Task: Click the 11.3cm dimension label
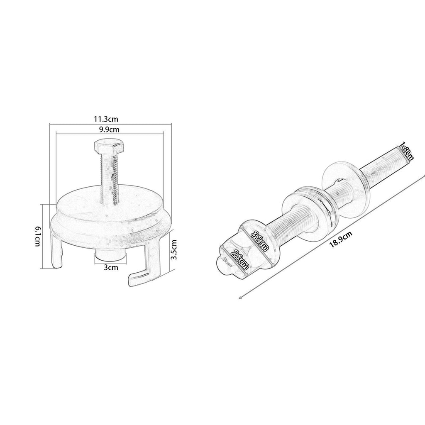(106, 119)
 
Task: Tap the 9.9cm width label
(109, 129)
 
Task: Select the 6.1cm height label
(37, 236)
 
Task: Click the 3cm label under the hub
(111, 268)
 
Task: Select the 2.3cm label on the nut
(239, 260)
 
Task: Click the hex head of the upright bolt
(109, 147)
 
